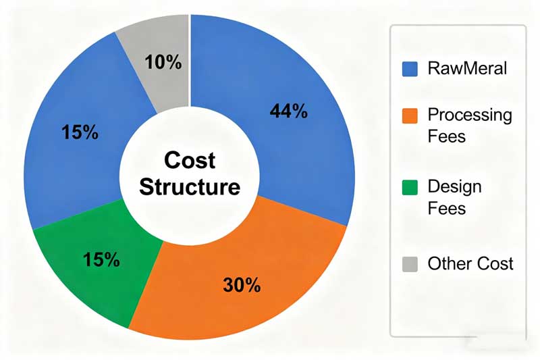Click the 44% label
pyautogui.click(x=288, y=111)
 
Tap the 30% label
pyautogui.click(x=242, y=285)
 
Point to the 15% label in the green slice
pyautogui.click(x=102, y=258)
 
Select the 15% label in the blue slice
pyautogui.click(x=79, y=131)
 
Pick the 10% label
pyautogui.click(x=163, y=63)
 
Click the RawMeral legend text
pyautogui.click(x=468, y=68)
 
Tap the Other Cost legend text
pyautogui.click(x=470, y=263)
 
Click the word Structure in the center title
pyautogui.click(x=190, y=186)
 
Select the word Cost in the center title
pyautogui.click(x=190, y=160)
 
